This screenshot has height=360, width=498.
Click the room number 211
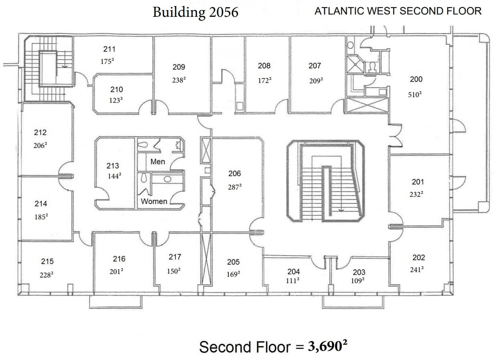point(109,49)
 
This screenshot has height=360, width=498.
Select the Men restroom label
point(157,162)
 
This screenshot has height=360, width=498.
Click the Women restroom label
point(154,201)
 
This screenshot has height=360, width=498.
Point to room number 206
point(235,173)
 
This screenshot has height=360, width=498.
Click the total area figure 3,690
point(327,346)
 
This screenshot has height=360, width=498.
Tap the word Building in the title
point(179,12)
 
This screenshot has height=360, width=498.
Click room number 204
point(293,272)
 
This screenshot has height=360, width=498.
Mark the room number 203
point(359,272)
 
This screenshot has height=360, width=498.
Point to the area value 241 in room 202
point(416,270)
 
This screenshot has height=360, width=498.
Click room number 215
point(47,261)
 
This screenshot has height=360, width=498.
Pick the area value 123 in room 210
point(115,100)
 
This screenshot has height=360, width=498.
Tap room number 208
point(264,66)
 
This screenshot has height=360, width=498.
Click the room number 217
point(175,257)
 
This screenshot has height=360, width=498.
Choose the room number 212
point(40,132)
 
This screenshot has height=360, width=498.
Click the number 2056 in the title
point(223,12)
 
